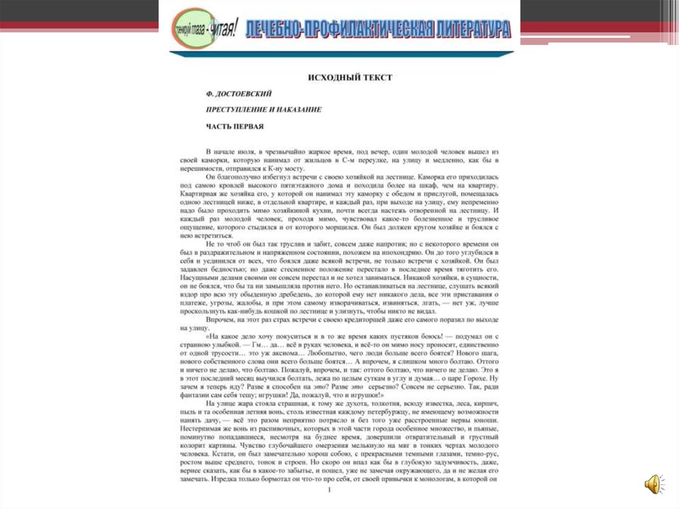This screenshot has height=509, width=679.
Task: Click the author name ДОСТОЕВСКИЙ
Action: [x=245, y=94]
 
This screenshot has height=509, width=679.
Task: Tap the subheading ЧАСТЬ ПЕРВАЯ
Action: [x=235, y=126]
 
